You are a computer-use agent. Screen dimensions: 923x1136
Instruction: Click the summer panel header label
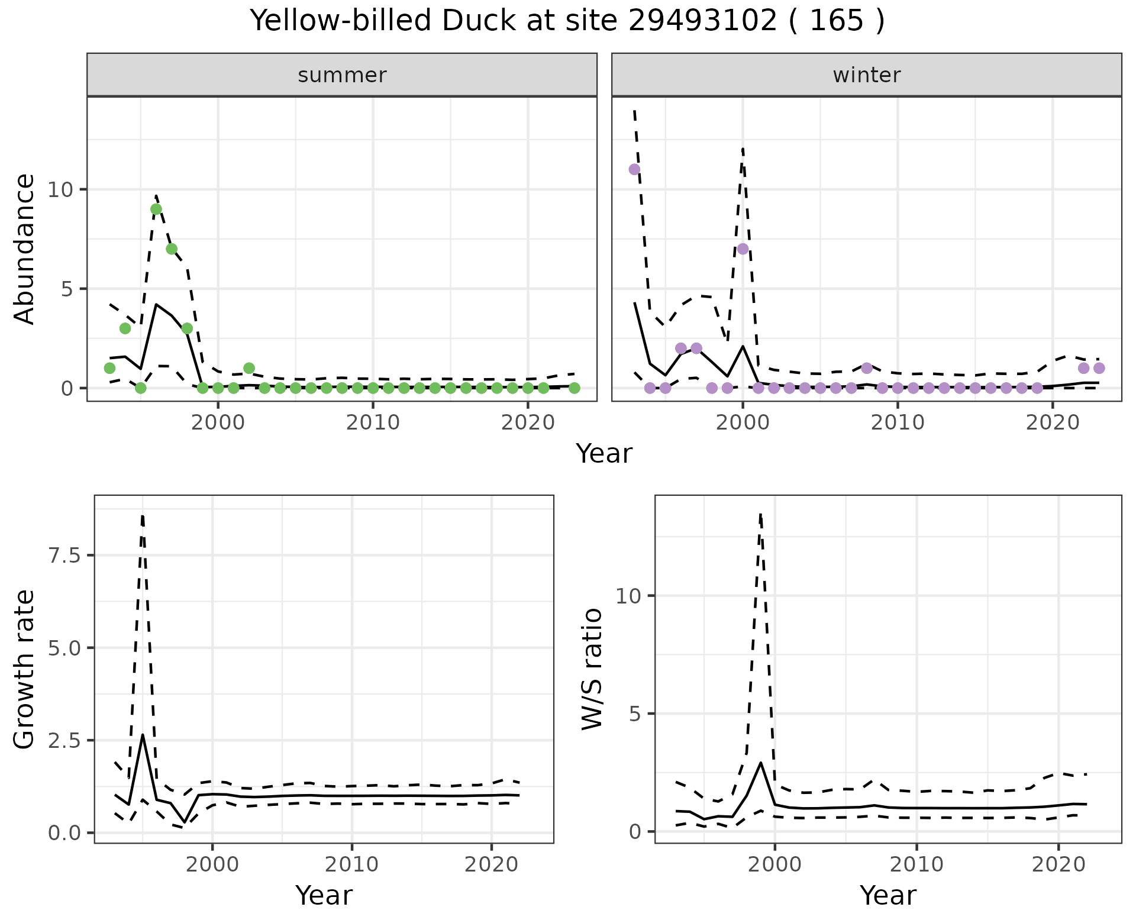click(x=342, y=75)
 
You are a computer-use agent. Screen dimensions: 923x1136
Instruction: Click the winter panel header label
click(x=866, y=75)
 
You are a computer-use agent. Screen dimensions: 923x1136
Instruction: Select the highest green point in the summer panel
click(x=156, y=209)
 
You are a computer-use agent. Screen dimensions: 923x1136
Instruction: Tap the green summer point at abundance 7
click(x=172, y=249)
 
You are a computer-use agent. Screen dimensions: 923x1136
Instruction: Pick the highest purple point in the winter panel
click(x=634, y=169)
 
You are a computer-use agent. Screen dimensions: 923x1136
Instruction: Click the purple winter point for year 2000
click(x=743, y=249)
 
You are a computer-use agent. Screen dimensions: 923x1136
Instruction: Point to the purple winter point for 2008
click(x=867, y=368)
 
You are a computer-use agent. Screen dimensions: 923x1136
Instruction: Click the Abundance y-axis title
click(x=25, y=249)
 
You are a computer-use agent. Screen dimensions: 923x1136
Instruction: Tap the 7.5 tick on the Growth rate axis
click(x=66, y=556)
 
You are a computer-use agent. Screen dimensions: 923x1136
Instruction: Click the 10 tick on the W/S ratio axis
click(x=628, y=596)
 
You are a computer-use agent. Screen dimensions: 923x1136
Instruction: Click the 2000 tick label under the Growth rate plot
click(x=212, y=864)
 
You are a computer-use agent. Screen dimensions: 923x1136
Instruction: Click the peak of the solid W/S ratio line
click(x=760, y=763)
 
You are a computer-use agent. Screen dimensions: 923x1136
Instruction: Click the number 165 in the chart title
click(x=836, y=21)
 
